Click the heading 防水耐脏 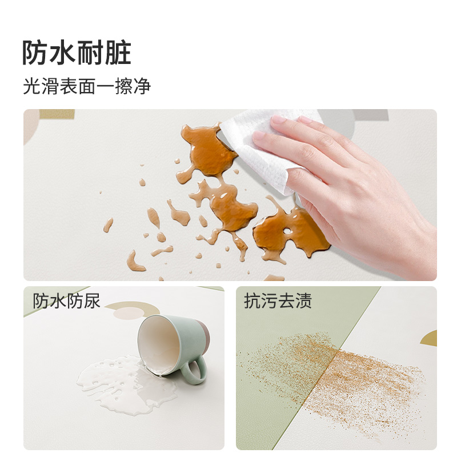[x=77, y=53]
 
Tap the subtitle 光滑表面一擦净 [x=87, y=86]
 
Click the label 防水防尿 [x=66, y=301]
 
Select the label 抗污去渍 [x=278, y=301]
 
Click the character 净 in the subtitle [x=142, y=86]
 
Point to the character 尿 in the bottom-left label [x=91, y=301]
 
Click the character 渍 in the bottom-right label [x=304, y=301]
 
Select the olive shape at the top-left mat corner [x=57, y=114]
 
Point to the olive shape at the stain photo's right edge [x=429, y=338]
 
